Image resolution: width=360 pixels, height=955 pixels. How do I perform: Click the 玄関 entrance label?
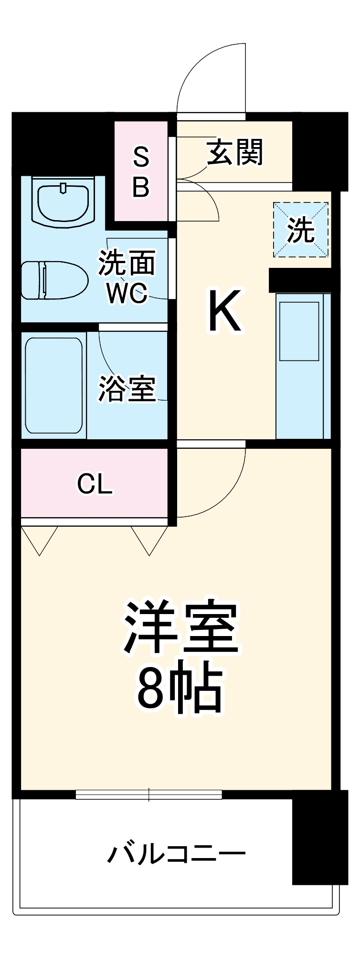click(x=235, y=152)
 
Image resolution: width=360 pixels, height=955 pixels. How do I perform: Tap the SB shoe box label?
click(x=141, y=172)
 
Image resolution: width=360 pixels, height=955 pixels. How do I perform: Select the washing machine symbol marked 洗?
click(x=301, y=230)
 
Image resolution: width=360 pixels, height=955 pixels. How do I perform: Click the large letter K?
click(x=224, y=311)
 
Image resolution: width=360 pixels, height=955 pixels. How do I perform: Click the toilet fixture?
click(x=54, y=280)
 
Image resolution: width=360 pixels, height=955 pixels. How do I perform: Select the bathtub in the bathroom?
click(x=53, y=385)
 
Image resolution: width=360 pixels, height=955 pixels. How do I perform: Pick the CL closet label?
click(x=95, y=485)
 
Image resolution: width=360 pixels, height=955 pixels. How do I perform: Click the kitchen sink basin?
click(x=299, y=331)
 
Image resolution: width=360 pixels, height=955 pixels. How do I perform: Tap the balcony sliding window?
click(x=149, y=795)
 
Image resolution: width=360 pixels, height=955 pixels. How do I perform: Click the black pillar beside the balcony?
click(x=319, y=838)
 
